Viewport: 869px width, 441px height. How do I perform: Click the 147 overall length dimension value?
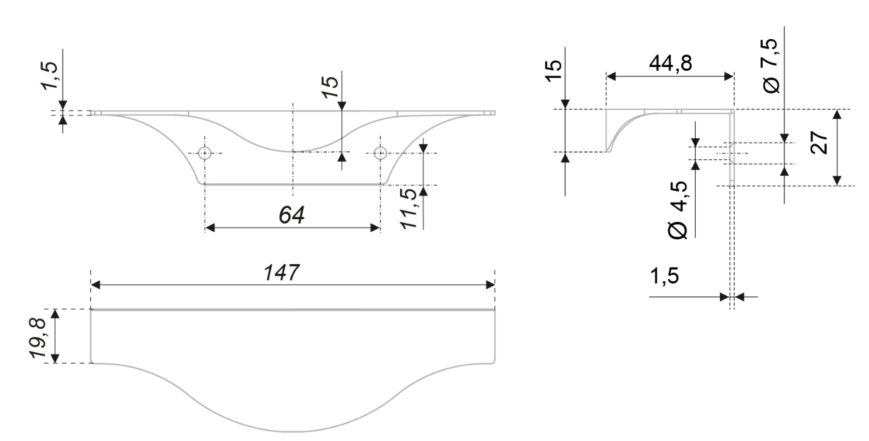pyautogui.click(x=281, y=272)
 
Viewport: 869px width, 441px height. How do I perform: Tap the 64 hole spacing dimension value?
pyautogui.click(x=292, y=215)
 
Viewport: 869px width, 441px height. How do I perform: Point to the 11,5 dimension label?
pyautogui.click(x=409, y=208)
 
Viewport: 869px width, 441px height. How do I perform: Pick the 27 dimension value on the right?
pyautogui.click(x=819, y=143)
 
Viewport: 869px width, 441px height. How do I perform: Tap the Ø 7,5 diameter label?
pyautogui.click(x=770, y=66)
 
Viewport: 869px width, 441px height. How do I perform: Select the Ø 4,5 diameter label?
pyautogui.click(x=678, y=210)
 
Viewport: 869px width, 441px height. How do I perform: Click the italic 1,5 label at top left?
pyautogui.click(x=50, y=76)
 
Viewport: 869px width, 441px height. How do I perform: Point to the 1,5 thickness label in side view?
pyautogui.click(x=664, y=275)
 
